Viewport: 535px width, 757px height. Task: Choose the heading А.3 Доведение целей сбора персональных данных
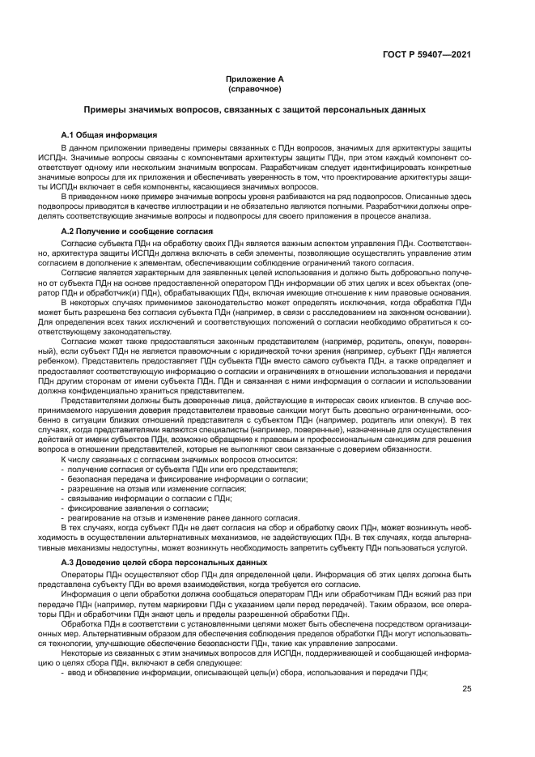[x=159, y=561]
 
